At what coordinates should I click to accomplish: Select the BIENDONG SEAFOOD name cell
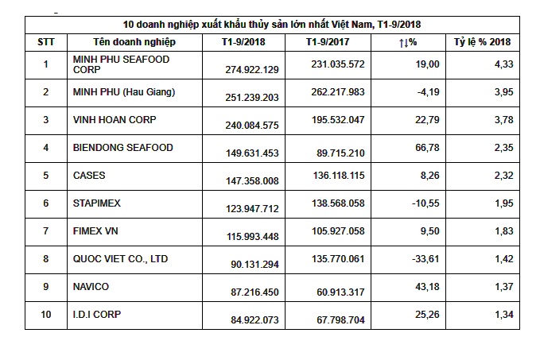click(122, 147)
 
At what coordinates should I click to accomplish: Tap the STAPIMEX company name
click(97, 203)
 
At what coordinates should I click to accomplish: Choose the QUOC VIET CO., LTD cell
click(120, 258)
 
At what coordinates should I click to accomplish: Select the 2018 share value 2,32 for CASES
click(502, 176)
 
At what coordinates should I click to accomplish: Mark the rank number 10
click(45, 314)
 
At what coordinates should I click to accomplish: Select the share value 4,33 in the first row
click(502, 64)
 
